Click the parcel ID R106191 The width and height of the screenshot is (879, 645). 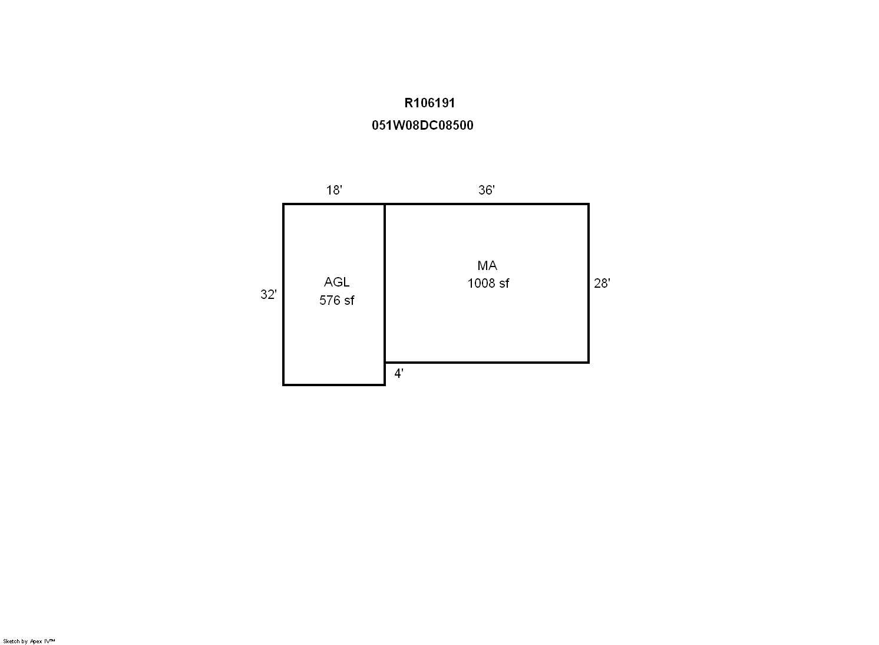tap(429, 103)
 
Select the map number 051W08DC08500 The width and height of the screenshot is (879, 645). tap(422, 126)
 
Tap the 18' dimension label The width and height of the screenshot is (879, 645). tap(334, 190)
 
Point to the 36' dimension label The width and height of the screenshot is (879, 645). tap(487, 190)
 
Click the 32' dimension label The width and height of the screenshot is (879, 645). tap(269, 294)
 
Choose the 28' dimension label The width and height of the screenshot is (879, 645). tap(602, 283)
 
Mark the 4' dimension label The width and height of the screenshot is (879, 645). tap(399, 374)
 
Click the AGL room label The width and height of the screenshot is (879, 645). tap(336, 282)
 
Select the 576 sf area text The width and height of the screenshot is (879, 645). tap(336, 301)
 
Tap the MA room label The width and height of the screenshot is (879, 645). tap(487, 265)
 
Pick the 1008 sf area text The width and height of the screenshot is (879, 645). tap(488, 283)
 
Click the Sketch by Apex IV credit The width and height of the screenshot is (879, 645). tap(29, 641)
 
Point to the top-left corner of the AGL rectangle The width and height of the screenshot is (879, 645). tap(283, 204)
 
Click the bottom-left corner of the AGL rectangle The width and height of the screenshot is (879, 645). tap(283, 385)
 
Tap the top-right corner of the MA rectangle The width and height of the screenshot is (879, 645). tap(589, 204)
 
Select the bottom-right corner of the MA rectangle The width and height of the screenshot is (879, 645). tap(589, 362)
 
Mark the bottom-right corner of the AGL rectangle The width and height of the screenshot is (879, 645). tap(385, 385)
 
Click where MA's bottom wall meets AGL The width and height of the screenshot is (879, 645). tap(385, 362)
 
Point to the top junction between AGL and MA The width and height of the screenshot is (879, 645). tap(385, 204)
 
